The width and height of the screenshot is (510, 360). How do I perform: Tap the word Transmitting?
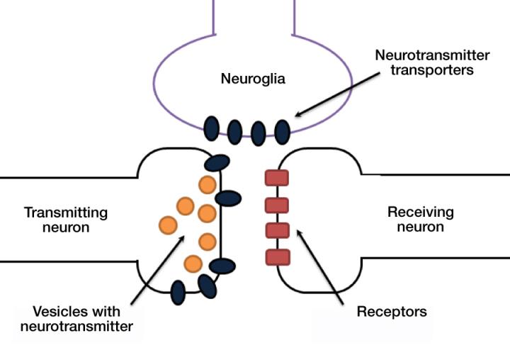pyautogui.click(x=66, y=212)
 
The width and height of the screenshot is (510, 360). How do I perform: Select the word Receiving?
pyautogui.click(x=421, y=212)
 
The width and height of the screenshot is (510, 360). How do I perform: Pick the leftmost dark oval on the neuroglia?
pyautogui.click(x=212, y=128)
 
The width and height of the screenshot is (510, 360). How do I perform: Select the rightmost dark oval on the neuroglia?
pyautogui.click(x=283, y=130)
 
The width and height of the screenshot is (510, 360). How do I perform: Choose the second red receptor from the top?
pyautogui.click(x=276, y=206)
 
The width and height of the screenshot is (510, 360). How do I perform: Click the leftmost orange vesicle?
pyautogui.click(x=167, y=225)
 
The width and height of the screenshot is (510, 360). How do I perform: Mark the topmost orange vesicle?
pyautogui.click(x=208, y=185)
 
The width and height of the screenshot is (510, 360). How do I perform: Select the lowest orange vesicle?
pyautogui.click(x=193, y=264)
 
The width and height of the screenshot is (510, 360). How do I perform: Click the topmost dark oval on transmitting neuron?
pyautogui.click(x=217, y=162)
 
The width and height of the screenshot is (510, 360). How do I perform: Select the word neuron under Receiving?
pyautogui.click(x=421, y=227)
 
